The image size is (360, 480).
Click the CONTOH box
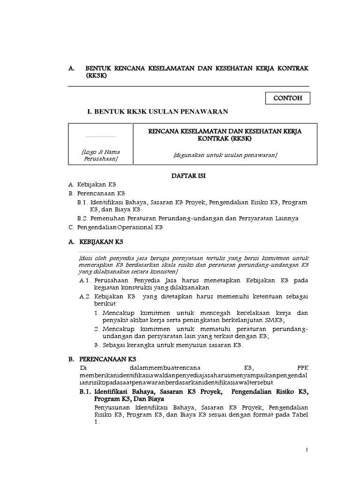tap(288, 98)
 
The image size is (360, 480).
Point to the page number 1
tap(307, 450)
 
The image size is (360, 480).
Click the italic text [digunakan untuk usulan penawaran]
tap(225, 155)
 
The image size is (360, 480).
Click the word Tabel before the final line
tap(299, 415)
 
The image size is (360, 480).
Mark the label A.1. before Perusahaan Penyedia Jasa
tap(84, 280)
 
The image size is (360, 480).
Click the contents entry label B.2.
tap(83, 218)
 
